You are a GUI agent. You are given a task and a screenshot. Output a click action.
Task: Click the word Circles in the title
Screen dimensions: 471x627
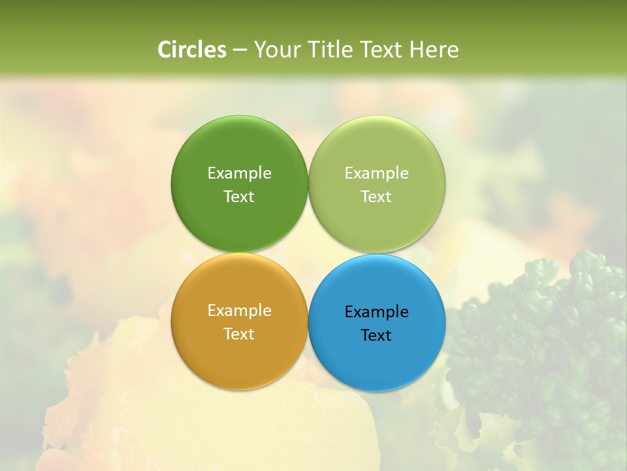[191, 50]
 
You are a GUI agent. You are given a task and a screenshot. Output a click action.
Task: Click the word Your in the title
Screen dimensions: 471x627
[277, 50]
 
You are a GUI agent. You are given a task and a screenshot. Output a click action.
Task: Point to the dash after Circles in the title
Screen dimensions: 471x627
[240, 50]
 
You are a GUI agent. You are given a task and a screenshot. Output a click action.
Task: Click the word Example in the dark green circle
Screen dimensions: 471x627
[239, 173]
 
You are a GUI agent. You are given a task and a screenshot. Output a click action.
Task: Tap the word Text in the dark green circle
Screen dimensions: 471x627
[239, 197]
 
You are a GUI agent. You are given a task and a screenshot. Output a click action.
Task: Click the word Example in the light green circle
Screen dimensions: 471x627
[377, 173]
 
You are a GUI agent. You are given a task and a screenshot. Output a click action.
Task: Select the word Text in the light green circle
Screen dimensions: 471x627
[377, 197]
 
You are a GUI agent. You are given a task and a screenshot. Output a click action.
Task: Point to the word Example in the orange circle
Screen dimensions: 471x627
[239, 311]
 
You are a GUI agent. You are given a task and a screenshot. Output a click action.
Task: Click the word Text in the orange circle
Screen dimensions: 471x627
[239, 334]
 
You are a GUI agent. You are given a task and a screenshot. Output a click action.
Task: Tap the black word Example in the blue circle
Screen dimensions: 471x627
[377, 312]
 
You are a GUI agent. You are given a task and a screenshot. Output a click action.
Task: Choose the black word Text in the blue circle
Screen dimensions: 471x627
[377, 336]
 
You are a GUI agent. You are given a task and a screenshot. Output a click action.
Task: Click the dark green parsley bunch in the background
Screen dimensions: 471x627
[542, 340]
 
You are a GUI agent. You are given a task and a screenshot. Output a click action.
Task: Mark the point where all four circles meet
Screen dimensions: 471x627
[308, 253]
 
